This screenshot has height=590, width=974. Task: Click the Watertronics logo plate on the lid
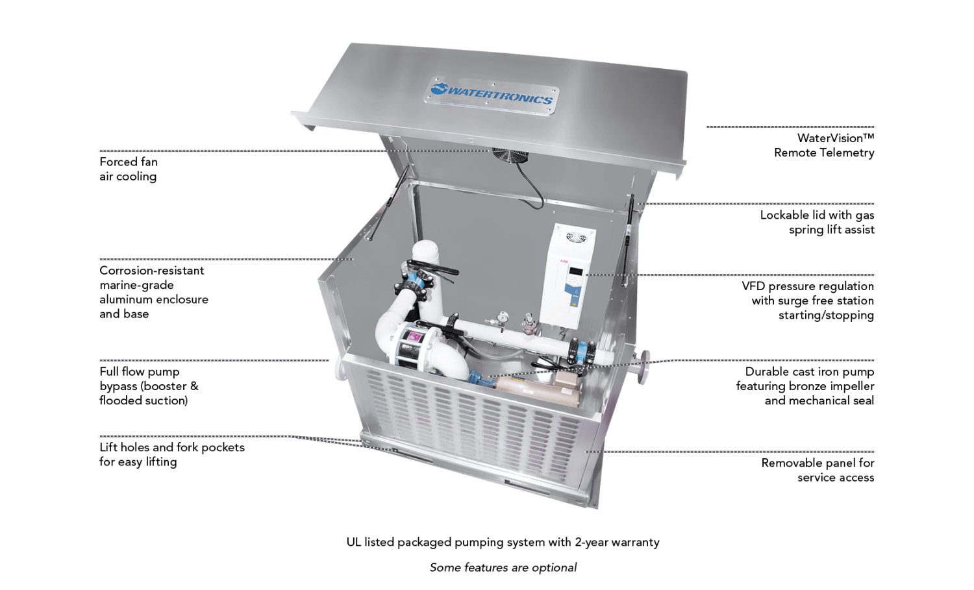click(493, 95)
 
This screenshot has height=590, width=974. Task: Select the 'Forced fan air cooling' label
click(129, 169)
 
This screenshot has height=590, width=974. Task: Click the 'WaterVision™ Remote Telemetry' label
click(824, 145)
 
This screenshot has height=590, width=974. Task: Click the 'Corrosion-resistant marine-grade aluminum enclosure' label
click(154, 292)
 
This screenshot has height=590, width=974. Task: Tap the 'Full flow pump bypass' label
click(148, 386)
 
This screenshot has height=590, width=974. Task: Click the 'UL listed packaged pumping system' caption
click(503, 542)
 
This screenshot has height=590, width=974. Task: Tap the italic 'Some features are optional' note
click(503, 567)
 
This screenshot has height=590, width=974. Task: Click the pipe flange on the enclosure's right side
click(643, 366)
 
